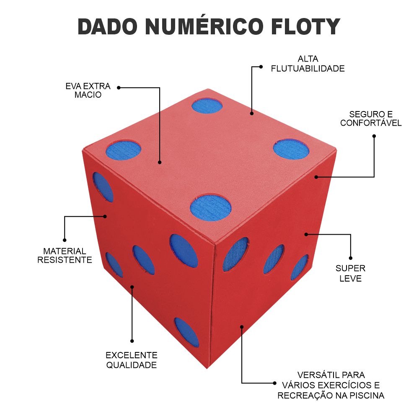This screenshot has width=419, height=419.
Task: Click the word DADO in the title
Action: [x=107, y=27]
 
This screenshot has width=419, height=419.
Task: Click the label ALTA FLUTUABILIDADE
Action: [x=308, y=64]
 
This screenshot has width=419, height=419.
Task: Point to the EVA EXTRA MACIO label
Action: [x=88, y=91]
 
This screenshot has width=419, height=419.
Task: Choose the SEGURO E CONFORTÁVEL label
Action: [x=371, y=119]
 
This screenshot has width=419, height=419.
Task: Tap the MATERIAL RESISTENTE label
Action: [x=65, y=256]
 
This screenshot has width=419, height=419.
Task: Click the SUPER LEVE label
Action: [x=350, y=273]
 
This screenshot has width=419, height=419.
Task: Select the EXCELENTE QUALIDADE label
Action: [x=132, y=360]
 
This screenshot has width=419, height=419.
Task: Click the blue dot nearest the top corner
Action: [x=207, y=106]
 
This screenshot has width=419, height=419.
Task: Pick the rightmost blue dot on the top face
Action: [x=291, y=149]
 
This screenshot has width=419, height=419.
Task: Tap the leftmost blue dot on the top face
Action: [x=123, y=150]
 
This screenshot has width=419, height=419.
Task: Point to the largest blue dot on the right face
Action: [x=235, y=254]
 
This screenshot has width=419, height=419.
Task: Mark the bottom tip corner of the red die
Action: [x=207, y=369]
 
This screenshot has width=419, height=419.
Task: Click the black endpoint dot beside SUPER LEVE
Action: [x=351, y=258]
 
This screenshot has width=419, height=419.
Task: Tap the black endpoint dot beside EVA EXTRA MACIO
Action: [x=119, y=88]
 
